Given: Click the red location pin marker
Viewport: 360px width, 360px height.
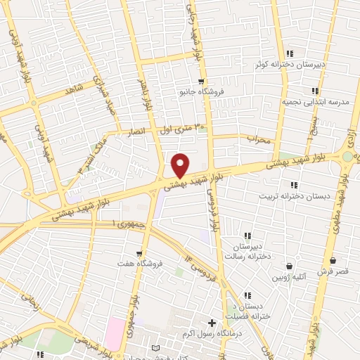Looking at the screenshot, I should pyautogui.click(x=180, y=165).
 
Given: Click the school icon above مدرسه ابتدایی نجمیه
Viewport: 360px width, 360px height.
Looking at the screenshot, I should pyautogui.click(x=314, y=91).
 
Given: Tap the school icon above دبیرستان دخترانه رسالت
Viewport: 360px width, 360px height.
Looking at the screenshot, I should pyautogui.click(x=247, y=235).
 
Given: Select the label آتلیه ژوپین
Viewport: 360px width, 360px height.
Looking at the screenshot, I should pyautogui.click(x=289, y=277).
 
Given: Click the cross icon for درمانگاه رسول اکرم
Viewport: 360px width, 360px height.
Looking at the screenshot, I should pyautogui.click(x=212, y=322).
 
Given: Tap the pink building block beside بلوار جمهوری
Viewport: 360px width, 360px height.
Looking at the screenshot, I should pyautogui.click(x=115, y=327).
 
